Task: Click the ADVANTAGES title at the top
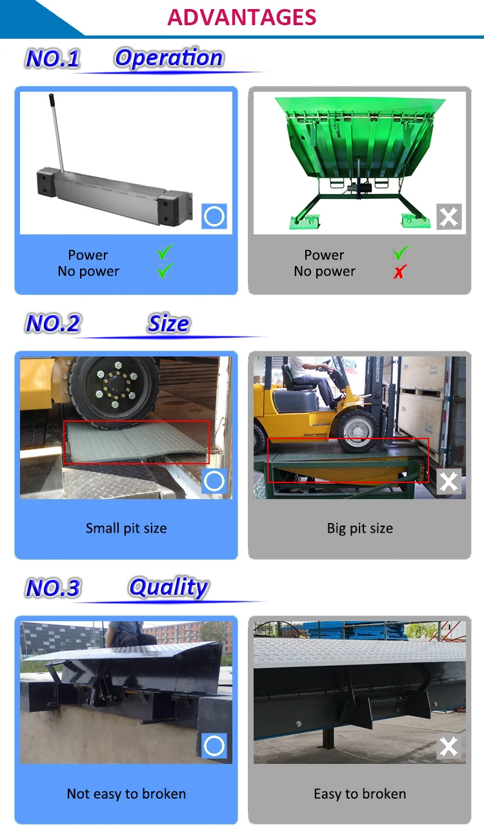tap(242, 17)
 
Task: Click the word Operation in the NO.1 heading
tap(168, 58)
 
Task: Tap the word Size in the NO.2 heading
tap(168, 323)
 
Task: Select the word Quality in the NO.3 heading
tap(168, 588)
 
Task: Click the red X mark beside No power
tap(400, 272)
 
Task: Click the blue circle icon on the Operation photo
tap(214, 216)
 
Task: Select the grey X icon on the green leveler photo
tap(449, 216)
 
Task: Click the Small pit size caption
tap(126, 528)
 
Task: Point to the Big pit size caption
tap(359, 528)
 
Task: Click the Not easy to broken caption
tap(126, 794)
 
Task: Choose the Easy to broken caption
tap(359, 794)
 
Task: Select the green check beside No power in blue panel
tap(165, 271)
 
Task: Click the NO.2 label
tap(53, 323)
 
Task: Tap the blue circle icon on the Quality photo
tap(214, 746)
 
